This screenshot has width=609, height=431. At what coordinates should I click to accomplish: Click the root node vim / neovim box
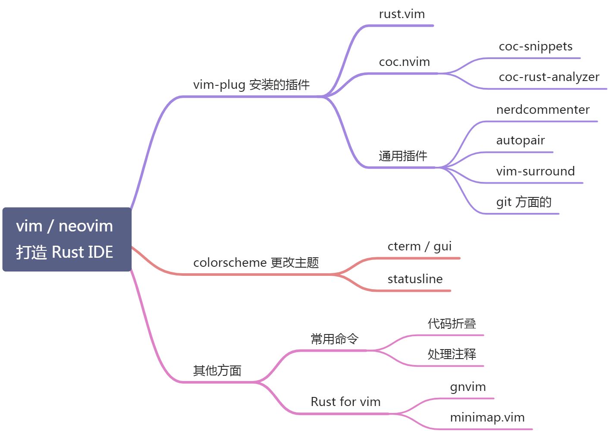(67, 239)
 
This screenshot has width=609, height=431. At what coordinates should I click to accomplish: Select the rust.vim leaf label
(402, 14)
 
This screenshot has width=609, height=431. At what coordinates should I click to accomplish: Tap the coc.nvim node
(404, 62)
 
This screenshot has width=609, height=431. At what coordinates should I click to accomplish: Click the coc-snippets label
(535, 47)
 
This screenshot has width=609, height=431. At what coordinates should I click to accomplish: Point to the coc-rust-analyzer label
(549, 77)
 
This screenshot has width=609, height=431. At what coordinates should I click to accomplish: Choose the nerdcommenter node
(543, 110)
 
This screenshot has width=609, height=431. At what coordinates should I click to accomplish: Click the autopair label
(520, 141)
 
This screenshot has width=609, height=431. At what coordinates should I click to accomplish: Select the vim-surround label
(535, 172)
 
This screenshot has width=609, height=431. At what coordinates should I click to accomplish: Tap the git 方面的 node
(524, 202)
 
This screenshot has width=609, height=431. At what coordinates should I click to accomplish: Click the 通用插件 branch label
(403, 156)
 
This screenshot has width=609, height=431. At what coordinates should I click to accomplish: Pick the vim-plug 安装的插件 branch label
(251, 85)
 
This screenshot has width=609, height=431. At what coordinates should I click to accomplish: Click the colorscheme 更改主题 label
(256, 262)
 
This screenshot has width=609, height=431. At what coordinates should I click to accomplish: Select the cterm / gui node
(419, 247)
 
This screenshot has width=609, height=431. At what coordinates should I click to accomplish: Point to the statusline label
(415, 279)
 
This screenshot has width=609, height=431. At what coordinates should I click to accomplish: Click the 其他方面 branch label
(217, 371)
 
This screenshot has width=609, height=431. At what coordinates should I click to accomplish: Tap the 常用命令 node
(334, 339)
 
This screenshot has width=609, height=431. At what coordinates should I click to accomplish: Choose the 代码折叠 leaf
(452, 324)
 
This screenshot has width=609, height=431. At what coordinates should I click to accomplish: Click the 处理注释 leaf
(452, 354)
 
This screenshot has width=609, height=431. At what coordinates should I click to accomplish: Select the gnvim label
(468, 387)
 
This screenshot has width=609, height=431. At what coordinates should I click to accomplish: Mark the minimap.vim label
(487, 418)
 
